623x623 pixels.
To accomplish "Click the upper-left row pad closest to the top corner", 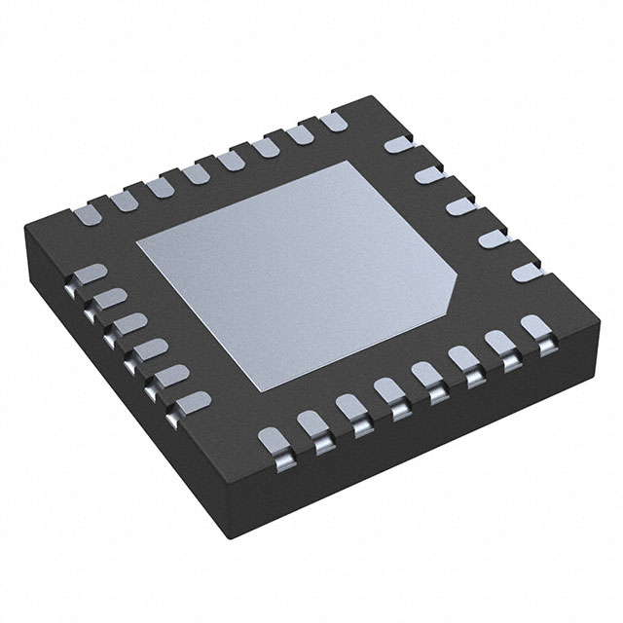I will coord(330,124).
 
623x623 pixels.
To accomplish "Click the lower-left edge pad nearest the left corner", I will coord(90,276).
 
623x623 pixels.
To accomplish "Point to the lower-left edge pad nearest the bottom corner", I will coord(192,398).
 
